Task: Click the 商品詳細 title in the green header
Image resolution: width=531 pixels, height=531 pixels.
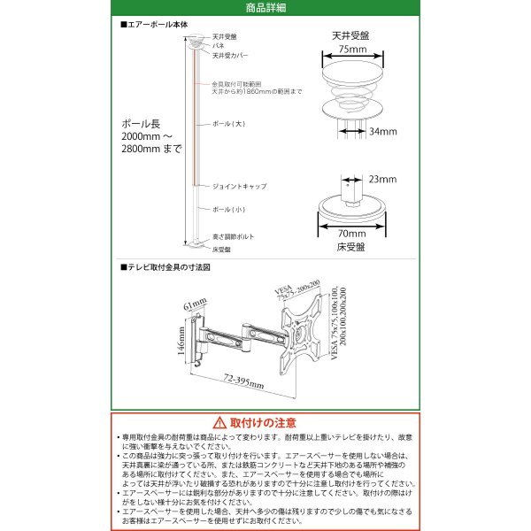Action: pos(265,8)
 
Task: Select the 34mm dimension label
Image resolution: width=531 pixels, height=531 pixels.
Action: pos(383,131)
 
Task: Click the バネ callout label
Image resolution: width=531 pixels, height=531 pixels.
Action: pos(217,44)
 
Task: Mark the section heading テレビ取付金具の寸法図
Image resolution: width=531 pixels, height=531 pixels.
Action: pos(165,265)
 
